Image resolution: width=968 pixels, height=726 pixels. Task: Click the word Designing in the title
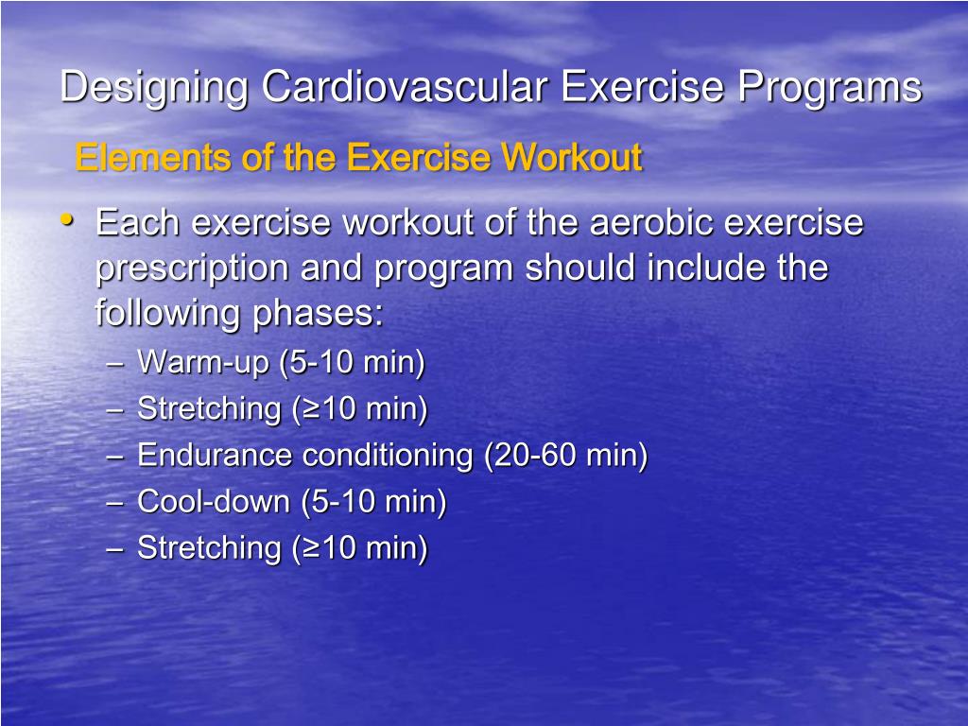(154, 88)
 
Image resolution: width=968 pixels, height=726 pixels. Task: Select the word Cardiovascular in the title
(404, 87)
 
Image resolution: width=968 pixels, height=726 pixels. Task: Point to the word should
(581, 268)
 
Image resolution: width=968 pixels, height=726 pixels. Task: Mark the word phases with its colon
(318, 313)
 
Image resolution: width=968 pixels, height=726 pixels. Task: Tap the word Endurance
(215, 456)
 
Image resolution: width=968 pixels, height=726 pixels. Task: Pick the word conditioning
(387, 456)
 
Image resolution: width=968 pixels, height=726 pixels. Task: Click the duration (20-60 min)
(566, 456)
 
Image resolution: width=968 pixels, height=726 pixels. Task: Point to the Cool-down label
(215, 502)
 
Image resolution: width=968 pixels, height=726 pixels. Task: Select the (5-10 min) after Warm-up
(352, 363)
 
